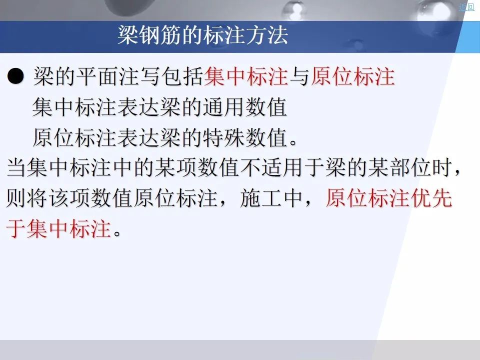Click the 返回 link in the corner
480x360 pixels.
[x=466, y=7]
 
